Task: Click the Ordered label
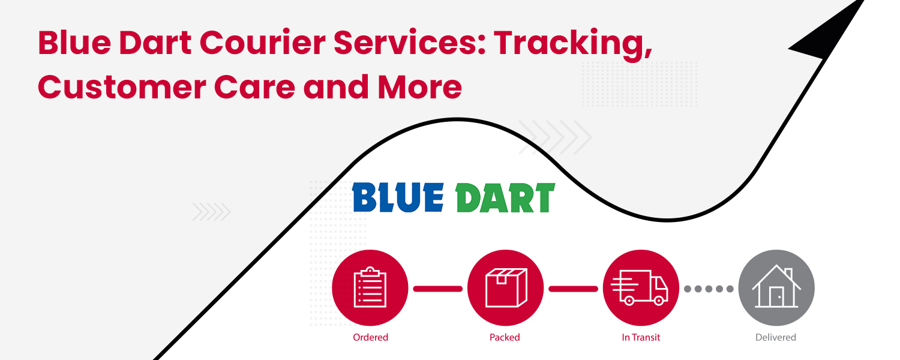pos(370,337)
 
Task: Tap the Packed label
pos(505,337)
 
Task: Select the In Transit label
pos(641,337)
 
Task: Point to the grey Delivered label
pos(776,337)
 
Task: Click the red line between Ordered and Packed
pos(437,289)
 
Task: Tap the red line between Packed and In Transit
pos(573,289)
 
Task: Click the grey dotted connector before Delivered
pos(709,289)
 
